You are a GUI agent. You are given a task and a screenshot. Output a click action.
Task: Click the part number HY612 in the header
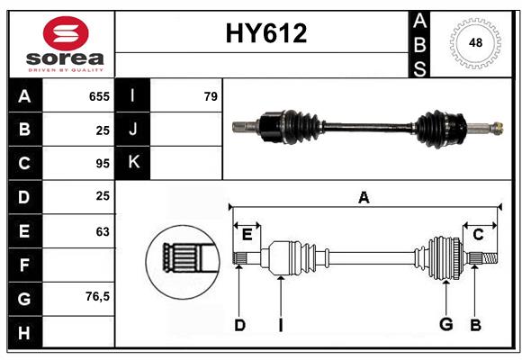tap(265, 34)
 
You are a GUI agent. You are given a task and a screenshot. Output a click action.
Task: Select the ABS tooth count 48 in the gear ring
tap(473, 42)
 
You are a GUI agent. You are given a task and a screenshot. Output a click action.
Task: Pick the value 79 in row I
tap(211, 96)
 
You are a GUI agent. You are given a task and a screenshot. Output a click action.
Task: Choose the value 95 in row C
tap(102, 164)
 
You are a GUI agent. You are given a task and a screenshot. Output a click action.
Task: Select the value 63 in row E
tap(102, 231)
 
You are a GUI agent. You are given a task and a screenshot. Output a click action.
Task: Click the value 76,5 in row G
tap(97, 296)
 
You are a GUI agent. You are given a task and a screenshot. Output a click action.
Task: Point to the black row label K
tap(133, 163)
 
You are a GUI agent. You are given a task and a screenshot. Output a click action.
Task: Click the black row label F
tap(24, 265)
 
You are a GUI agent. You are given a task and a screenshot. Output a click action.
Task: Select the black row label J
tap(133, 130)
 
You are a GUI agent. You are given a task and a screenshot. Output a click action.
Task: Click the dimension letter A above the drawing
tap(364, 198)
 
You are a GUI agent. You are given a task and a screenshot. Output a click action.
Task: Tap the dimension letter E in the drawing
tap(247, 235)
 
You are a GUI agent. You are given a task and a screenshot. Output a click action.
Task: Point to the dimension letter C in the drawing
tap(478, 235)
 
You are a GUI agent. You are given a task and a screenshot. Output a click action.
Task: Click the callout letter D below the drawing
tap(239, 325)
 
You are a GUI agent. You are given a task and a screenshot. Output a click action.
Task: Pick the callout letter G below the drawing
tap(445, 325)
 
